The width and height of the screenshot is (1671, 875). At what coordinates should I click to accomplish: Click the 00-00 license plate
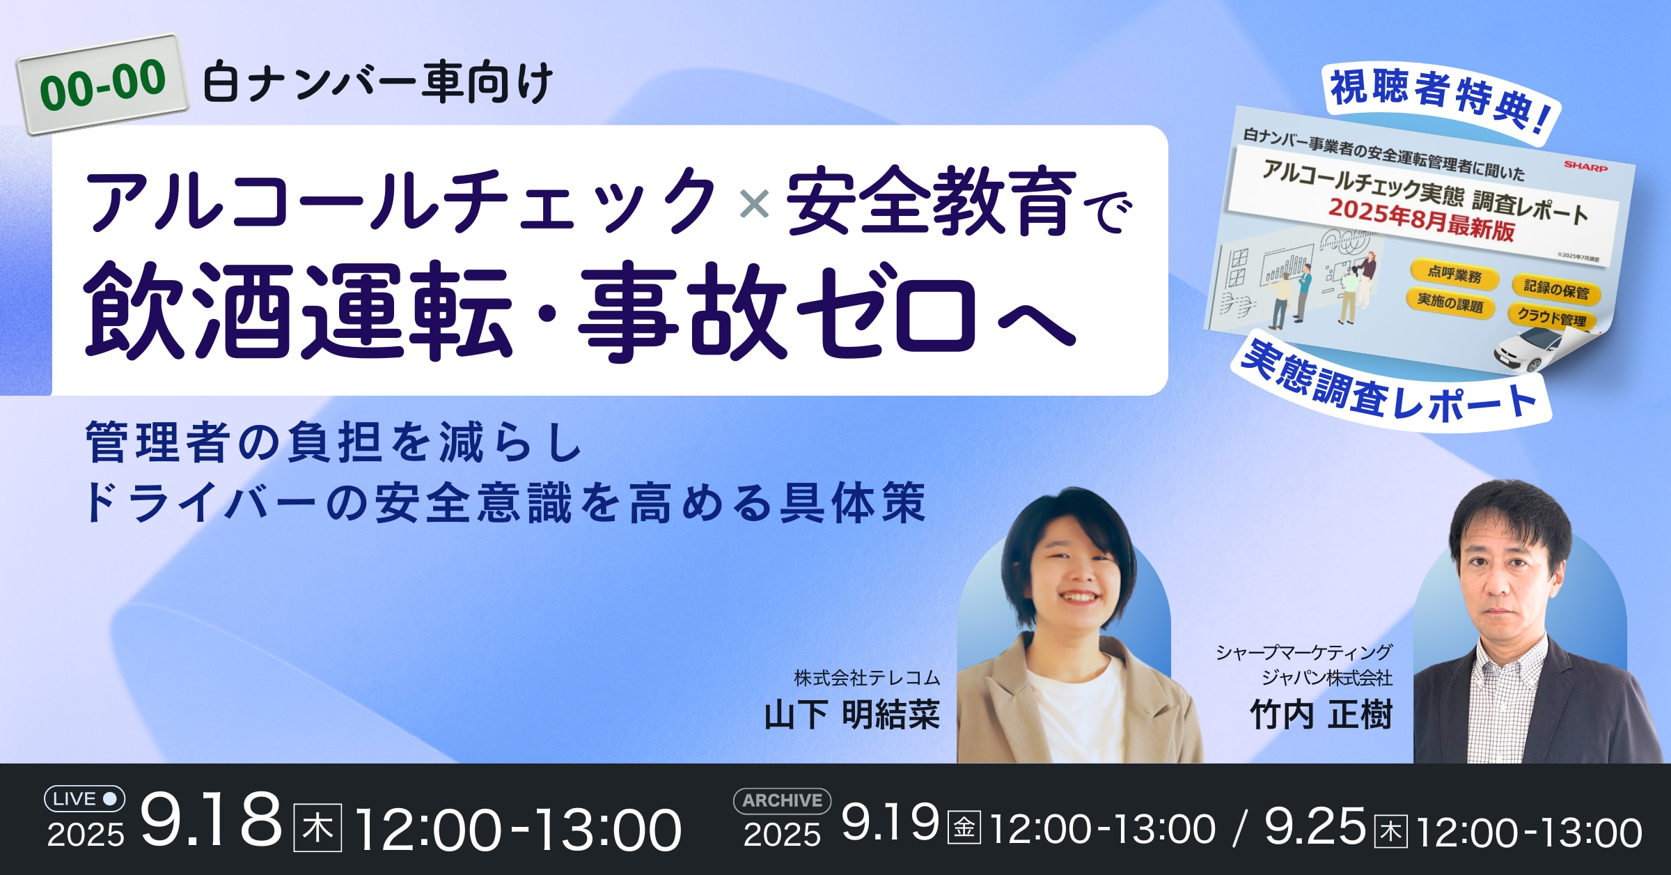click(103, 84)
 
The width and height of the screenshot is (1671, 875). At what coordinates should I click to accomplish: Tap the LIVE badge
click(85, 798)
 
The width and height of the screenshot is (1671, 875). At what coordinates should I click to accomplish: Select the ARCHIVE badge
click(782, 800)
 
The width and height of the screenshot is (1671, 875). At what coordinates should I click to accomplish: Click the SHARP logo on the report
click(1585, 167)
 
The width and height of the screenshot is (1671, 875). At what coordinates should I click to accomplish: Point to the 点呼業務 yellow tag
click(1454, 274)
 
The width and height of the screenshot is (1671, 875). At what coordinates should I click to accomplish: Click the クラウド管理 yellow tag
click(1552, 317)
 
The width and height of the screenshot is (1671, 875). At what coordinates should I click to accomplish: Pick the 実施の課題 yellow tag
click(1450, 302)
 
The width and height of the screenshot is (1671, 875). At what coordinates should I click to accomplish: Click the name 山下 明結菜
click(852, 715)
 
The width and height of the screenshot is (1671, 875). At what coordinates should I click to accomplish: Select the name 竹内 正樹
click(1321, 715)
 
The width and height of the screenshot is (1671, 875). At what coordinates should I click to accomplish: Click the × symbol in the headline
click(755, 205)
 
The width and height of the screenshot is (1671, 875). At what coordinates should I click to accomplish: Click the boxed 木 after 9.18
click(317, 828)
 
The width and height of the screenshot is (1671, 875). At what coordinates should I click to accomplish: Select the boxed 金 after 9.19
click(964, 828)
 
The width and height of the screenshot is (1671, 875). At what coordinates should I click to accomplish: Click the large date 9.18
click(211, 820)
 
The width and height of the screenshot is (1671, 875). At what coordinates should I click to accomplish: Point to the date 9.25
click(1315, 826)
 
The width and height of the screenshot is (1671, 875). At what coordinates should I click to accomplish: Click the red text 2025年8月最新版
click(1420, 219)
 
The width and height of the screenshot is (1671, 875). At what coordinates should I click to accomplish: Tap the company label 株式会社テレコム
click(867, 677)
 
